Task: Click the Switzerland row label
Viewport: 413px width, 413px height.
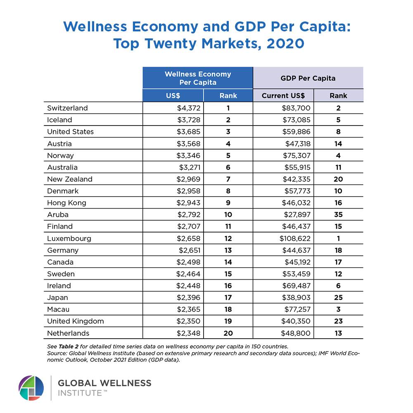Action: click(67, 108)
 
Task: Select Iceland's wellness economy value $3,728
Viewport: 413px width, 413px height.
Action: click(189, 120)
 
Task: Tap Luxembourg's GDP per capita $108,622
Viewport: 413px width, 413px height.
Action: click(295, 239)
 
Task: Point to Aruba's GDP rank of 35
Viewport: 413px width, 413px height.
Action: click(338, 215)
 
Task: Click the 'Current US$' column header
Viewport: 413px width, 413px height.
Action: click(283, 96)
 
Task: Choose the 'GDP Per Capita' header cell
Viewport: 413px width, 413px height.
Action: click(308, 78)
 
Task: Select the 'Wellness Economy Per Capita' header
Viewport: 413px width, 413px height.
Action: click(198, 78)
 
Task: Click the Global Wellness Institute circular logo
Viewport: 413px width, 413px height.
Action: click(31, 388)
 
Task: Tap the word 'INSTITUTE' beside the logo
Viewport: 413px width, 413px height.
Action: click(80, 393)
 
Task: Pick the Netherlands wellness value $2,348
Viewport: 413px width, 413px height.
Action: click(188, 333)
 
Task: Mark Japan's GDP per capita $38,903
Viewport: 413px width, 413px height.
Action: click(296, 298)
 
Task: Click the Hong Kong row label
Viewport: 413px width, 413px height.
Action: click(66, 203)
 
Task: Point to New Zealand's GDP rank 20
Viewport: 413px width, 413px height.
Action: click(338, 179)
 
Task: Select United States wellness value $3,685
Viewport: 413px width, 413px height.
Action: click(188, 132)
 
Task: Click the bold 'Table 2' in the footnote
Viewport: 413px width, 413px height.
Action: click(69, 347)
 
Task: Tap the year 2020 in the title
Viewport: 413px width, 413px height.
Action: click(285, 43)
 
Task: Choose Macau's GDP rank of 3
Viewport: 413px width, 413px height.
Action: click(339, 309)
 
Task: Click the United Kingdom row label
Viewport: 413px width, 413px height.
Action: click(75, 321)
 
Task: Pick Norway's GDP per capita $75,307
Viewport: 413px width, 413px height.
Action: click(297, 156)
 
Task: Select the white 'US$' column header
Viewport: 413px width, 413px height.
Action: click(173, 96)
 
